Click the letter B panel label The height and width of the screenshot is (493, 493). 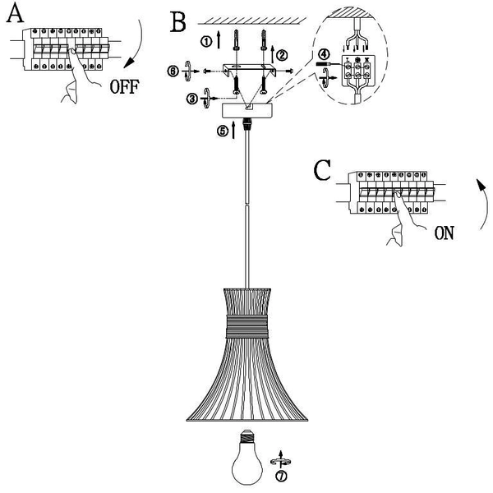177,21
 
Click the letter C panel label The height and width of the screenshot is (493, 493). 323,171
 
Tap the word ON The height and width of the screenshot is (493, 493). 444,233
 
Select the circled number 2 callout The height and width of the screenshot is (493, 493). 282,55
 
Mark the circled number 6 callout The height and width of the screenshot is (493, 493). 173,71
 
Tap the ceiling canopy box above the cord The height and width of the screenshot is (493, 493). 246,109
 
